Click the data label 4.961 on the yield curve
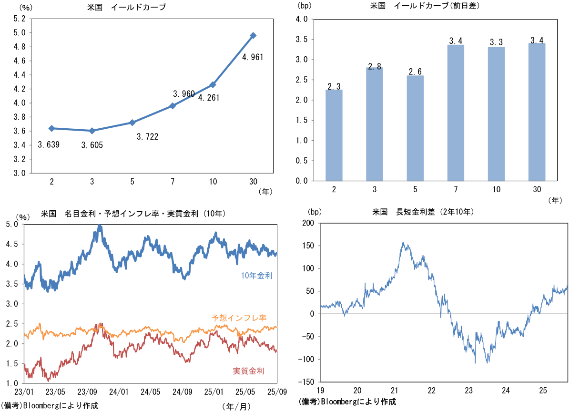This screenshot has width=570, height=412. (253, 57)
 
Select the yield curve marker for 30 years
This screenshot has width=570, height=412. (253, 35)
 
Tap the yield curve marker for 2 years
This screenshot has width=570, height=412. (51, 128)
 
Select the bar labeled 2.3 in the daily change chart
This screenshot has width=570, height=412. (334, 135)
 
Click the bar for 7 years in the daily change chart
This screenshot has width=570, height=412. (456, 113)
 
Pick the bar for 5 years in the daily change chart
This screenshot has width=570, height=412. (416, 128)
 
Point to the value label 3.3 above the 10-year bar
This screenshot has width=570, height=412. (497, 42)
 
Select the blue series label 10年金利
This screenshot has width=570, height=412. (256, 275)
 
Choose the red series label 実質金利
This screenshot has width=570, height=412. (248, 371)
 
